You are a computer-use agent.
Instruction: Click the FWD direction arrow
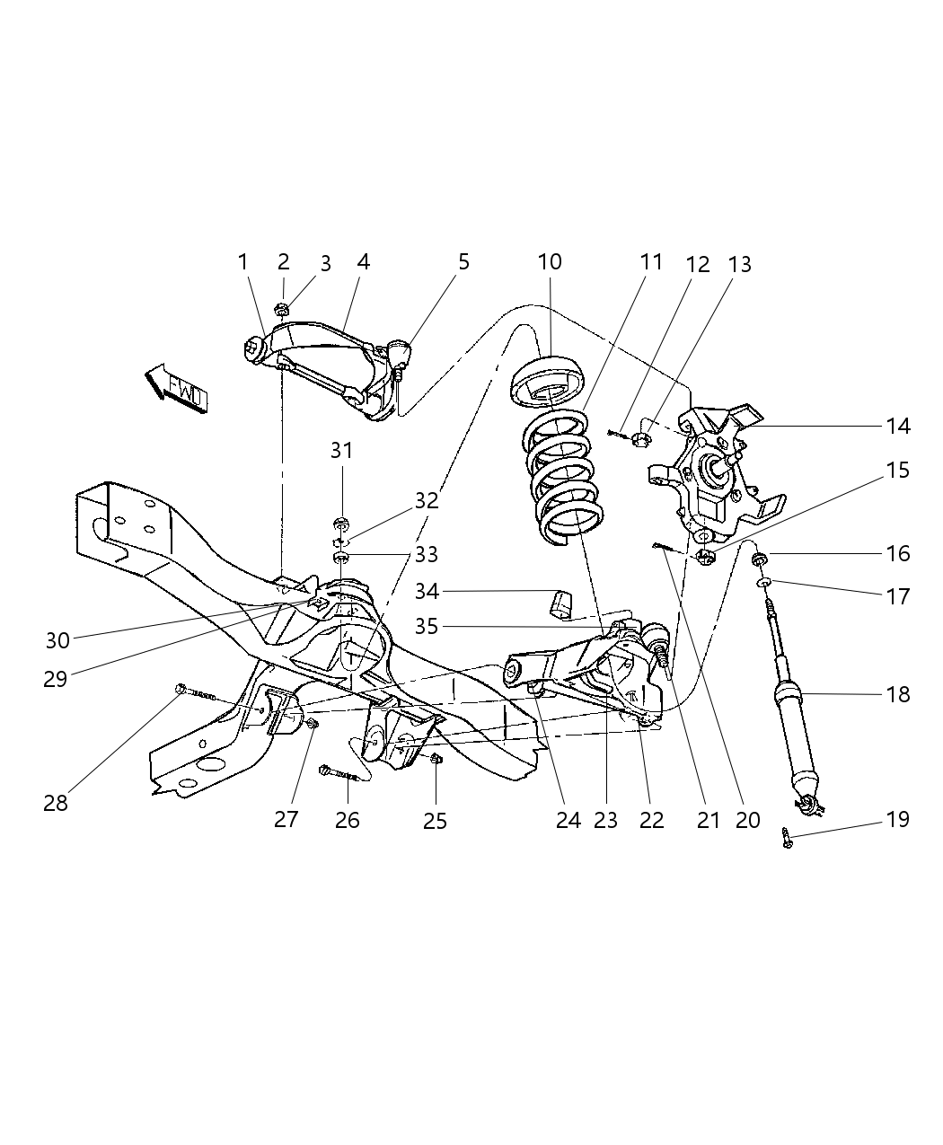[177, 388]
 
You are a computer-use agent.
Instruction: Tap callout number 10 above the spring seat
[550, 261]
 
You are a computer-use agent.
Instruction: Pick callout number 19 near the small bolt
[897, 819]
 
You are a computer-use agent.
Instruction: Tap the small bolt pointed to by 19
[787, 838]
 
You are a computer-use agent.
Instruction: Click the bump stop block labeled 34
[560, 603]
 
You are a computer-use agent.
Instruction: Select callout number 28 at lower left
[56, 803]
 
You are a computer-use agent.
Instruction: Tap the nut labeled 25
[436, 761]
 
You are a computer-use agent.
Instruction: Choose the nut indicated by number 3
[281, 311]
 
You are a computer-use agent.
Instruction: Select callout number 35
[427, 626]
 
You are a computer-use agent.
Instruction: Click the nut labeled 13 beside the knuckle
[641, 438]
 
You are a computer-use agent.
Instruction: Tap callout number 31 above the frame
[341, 450]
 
